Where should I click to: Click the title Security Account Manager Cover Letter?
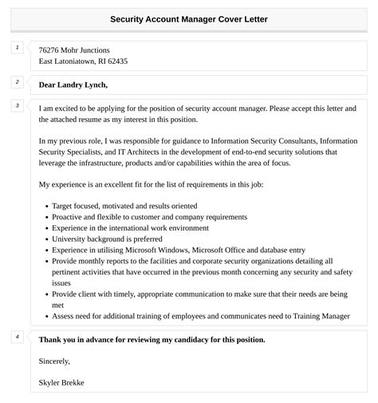(189, 18)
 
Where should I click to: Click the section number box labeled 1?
(17, 48)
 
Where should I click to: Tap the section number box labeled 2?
(17, 82)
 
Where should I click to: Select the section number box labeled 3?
(17, 106)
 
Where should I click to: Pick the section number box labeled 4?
(17, 337)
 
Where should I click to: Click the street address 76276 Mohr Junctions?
(74, 49)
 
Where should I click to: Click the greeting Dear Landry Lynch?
(73, 85)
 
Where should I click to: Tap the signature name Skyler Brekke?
(61, 382)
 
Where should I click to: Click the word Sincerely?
(56, 361)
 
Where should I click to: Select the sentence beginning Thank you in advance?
(152, 339)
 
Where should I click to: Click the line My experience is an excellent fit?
(152, 184)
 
